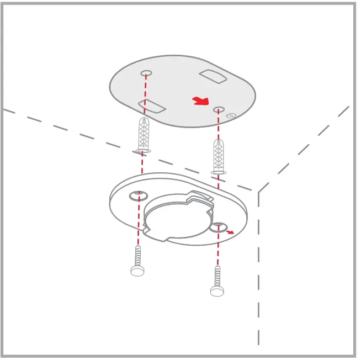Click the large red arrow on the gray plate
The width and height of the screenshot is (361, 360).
[201, 100]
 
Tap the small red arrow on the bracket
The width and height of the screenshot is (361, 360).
[231, 232]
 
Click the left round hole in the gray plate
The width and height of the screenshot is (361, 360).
[146, 73]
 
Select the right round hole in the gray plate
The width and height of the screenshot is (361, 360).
[219, 110]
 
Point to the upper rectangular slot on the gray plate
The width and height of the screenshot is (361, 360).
[213, 76]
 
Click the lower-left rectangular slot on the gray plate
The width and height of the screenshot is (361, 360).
[150, 105]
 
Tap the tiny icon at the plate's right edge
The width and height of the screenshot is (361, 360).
[232, 115]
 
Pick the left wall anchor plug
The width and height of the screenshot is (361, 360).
[144, 134]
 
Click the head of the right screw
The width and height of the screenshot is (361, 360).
[217, 290]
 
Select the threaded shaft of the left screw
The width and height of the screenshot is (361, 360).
[137, 256]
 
